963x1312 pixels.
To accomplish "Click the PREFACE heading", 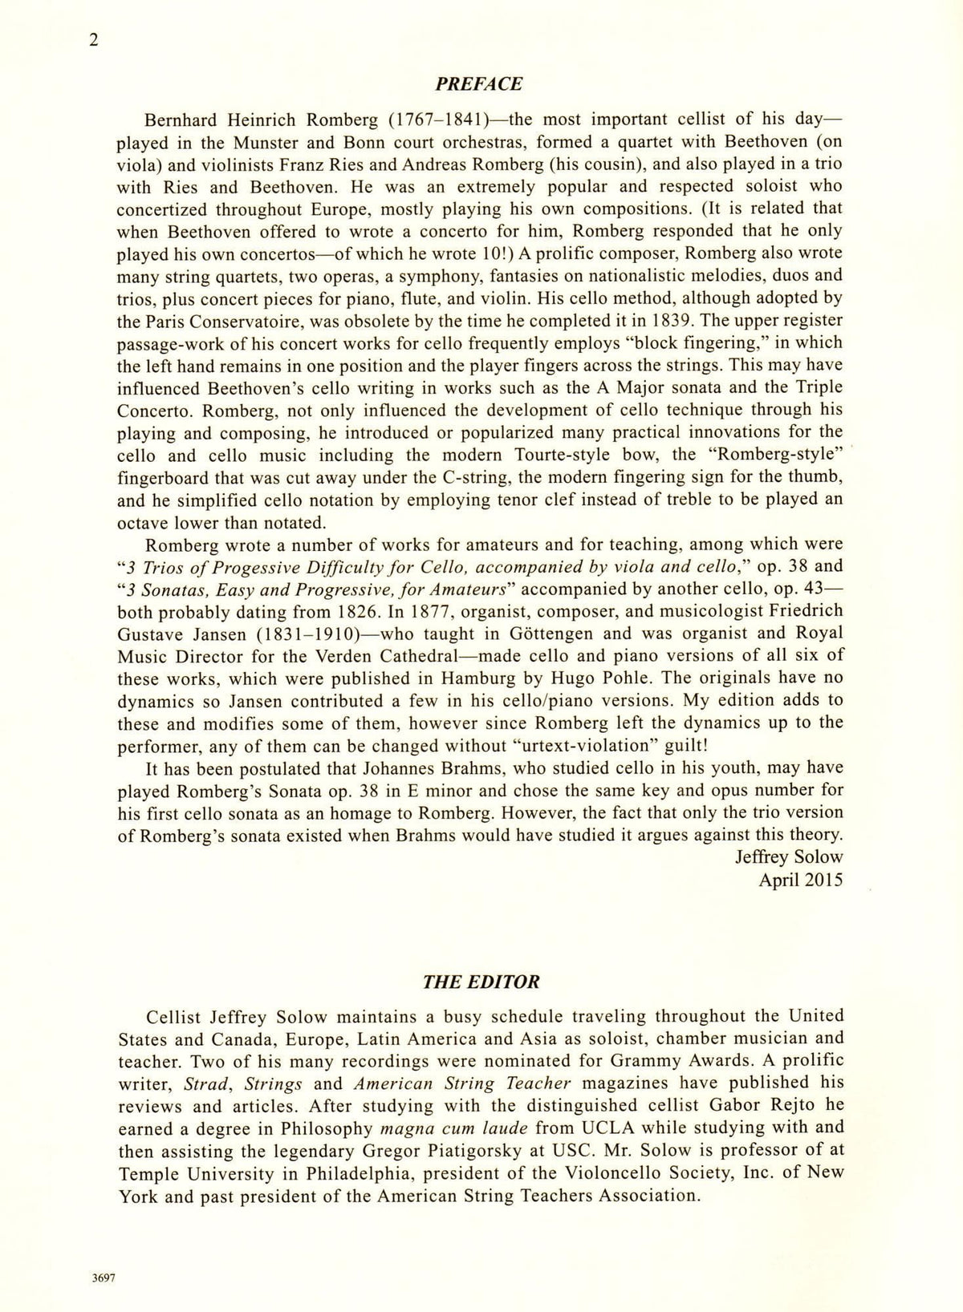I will [478, 84].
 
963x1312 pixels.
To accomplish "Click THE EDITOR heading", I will [481, 982].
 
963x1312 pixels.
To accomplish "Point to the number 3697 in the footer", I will [104, 1279].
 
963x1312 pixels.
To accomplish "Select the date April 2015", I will [801, 880].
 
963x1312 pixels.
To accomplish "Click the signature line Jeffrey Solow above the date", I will [789, 857].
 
